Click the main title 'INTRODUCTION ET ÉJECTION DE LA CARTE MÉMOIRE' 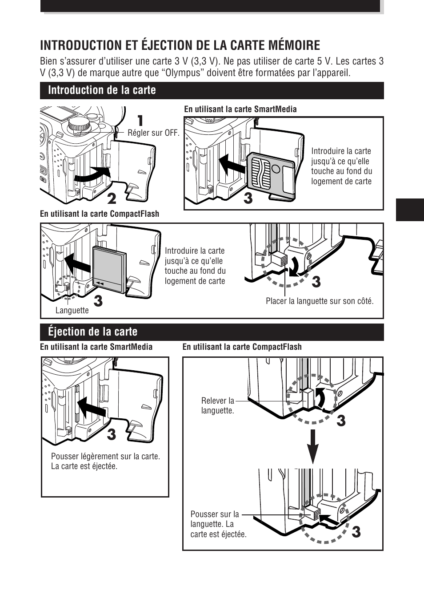click(x=180, y=45)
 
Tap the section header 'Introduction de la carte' click(x=102, y=90)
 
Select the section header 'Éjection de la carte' click(x=92, y=332)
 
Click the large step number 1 click(x=140, y=121)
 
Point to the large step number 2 click(x=111, y=197)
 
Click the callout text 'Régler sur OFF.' click(x=153, y=133)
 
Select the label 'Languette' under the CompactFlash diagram click(x=72, y=311)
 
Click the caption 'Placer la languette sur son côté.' click(x=320, y=301)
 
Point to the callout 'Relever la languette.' click(x=217, y=405)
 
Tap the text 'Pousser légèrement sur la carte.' click(x=105, y=456)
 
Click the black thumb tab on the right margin click(x=409, y=209)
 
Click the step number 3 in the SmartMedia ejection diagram click(x=111, y=434)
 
